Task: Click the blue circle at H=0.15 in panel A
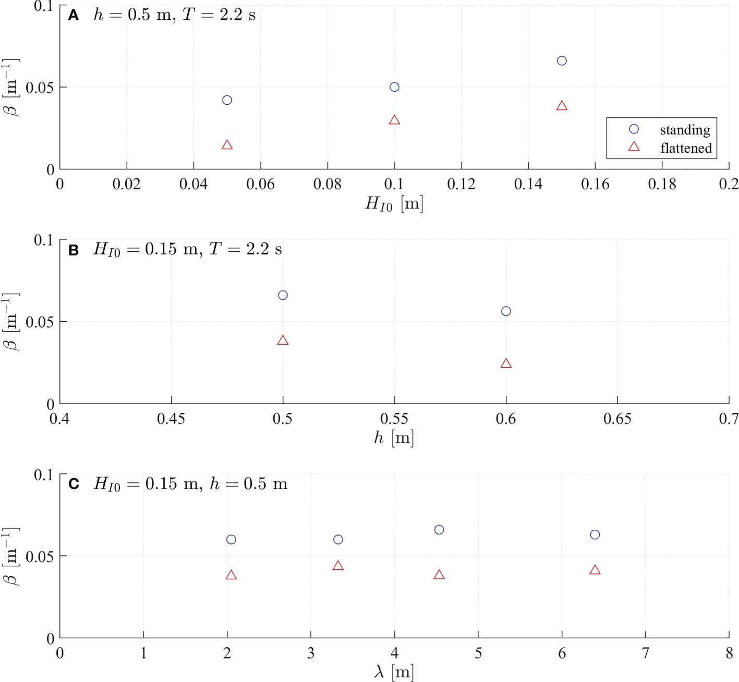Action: (x=562, y=60)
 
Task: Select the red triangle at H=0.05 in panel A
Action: (x=227, y=145)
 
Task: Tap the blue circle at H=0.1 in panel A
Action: (x=394, y=87)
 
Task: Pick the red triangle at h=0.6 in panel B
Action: (x=506, y=363)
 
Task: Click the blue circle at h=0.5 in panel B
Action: (x=283, y=295)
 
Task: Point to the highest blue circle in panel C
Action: (x=439, y=530)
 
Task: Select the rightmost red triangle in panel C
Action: (x=595, y=570)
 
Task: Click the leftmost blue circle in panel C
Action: (x=231, y=540)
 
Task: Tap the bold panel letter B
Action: (x=74, y=250)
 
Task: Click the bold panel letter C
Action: (x=74, y=484)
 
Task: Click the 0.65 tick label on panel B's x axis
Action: (x=617, y=419)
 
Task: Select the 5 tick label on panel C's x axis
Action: (x=478, y=653)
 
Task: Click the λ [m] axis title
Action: (x=394, y=672)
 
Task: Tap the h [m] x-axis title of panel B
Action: (x=394, y=437)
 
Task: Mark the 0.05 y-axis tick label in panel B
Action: (x=40, y=322)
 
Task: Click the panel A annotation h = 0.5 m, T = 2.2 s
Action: (x=175, y=15)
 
